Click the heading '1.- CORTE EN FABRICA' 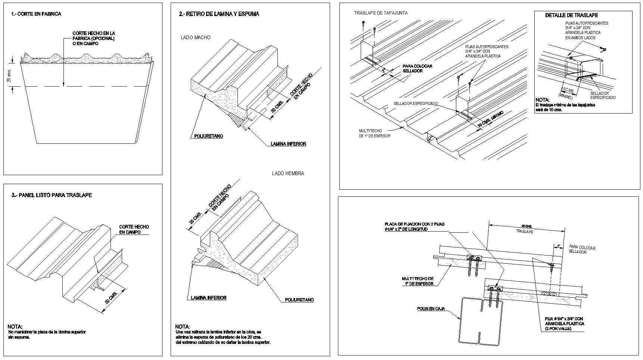click(36, 14)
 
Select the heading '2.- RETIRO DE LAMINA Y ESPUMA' click(219, 14)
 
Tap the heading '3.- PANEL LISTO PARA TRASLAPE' click(52, 195)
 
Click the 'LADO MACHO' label click(195, 37)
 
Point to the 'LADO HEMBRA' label click(288, 173)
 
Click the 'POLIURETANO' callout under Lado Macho click(208, 136)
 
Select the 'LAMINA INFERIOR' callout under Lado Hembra click(208, 298)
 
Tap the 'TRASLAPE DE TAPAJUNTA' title click(381, 13)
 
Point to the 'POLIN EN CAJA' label click(431, 308)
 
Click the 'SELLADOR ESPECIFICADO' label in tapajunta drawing click(416, 103)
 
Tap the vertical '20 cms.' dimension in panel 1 click(9, 75)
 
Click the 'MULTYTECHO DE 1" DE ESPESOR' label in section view click(417, 281)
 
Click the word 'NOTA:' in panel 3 click(15, 326)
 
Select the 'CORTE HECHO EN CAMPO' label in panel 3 click(134, 229)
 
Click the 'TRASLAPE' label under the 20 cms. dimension click(524, 232)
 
